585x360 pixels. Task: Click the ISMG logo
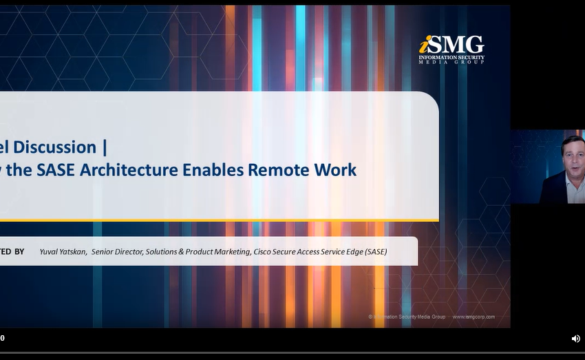point(451,49)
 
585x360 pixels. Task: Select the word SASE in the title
point(56,169)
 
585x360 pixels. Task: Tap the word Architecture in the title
point(131,169)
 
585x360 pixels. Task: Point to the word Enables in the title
point(215,169)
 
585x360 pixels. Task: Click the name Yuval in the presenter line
point(50,252)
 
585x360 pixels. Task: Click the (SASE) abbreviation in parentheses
point(376,252)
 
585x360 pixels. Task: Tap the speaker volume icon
point(575,339)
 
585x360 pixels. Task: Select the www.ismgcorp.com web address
point(473,317)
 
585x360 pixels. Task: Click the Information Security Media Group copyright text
point(407,317)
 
